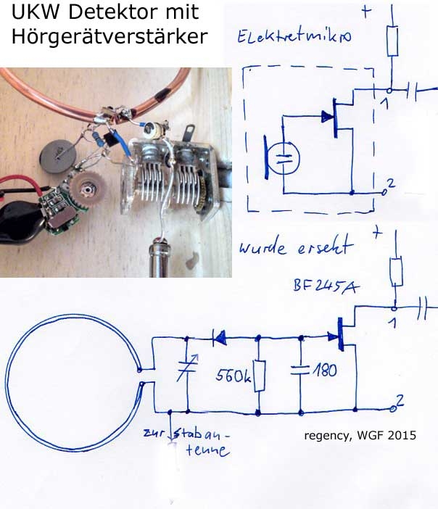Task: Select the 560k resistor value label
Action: point(233,376)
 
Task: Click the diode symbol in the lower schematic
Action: point(218,337)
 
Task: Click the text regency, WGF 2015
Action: point(361,436)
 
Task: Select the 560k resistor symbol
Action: point(260,376)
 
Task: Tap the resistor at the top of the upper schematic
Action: point(392,42)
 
